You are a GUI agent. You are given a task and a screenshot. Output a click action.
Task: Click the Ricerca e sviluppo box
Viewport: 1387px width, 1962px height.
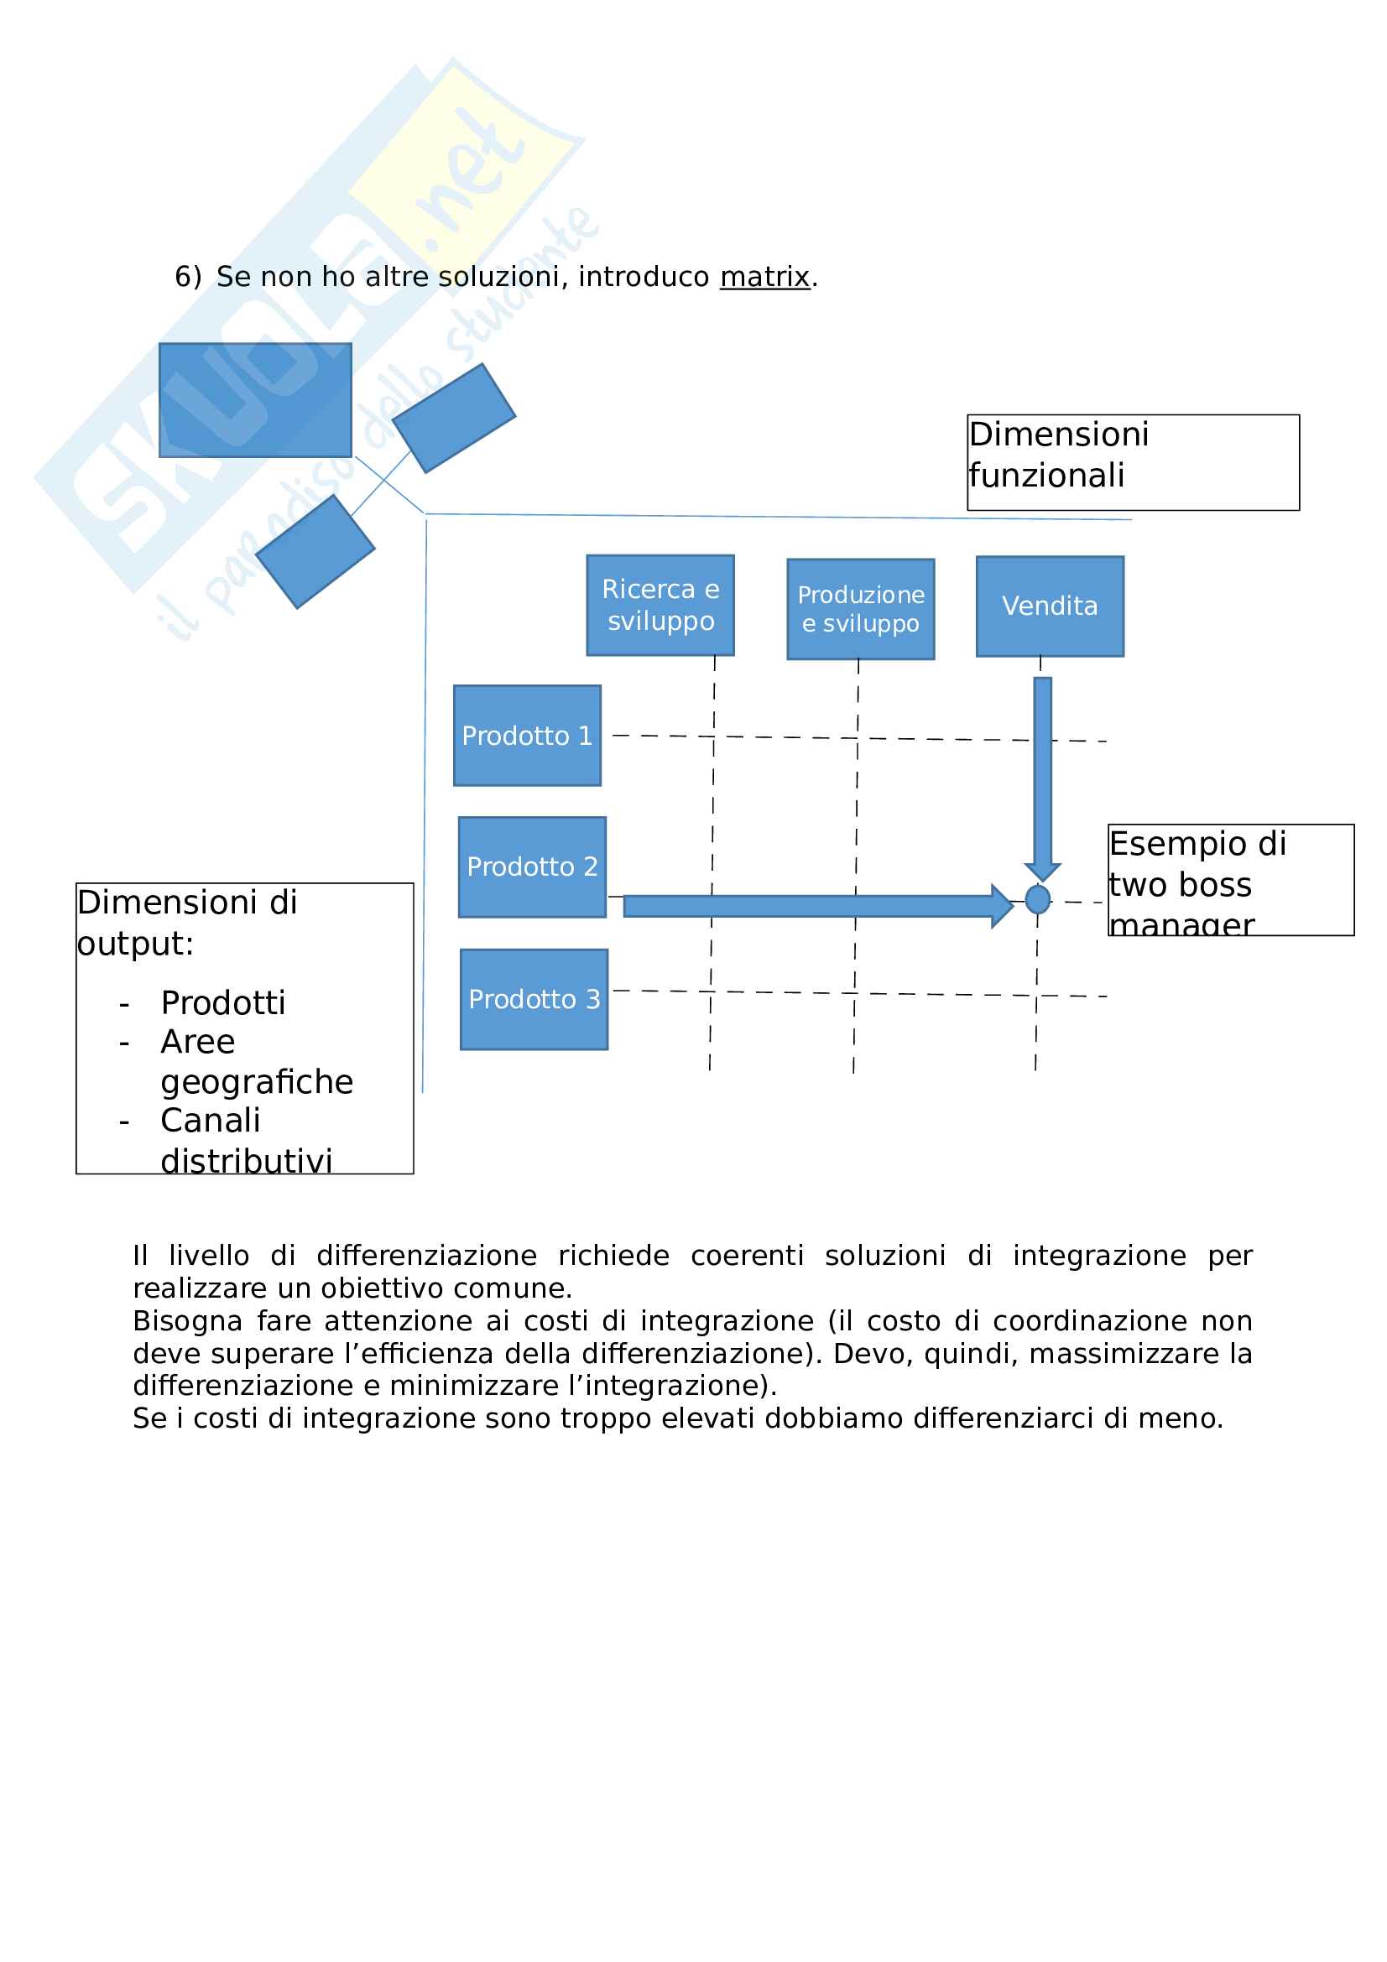point(660,605)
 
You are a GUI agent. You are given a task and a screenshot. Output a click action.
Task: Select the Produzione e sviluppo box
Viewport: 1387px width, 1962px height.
point(860,608)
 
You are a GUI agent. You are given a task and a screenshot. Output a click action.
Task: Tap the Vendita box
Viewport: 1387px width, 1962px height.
point(1050,606)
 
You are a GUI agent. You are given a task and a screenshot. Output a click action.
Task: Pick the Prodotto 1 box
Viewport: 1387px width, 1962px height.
point(526,735)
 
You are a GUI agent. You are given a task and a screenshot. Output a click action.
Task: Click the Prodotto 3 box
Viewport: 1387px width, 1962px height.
point(534,999)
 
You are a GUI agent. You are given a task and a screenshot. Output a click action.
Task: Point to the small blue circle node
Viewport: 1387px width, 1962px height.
point(1036,899)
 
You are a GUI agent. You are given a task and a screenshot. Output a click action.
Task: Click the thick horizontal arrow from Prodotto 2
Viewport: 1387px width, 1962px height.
point(812,906)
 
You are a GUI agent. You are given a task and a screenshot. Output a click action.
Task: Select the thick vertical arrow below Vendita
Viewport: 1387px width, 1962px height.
point(1042,773)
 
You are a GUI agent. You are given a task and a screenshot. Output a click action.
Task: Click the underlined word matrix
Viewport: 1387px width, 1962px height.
point(764,277)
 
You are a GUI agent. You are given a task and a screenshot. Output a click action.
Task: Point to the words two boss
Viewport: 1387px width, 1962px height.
point(1180,885)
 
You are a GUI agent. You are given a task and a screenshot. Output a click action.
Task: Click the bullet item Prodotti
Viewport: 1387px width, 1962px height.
point(223,1003)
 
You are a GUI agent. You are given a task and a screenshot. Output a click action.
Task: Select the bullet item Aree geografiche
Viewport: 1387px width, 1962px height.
point(256,1062)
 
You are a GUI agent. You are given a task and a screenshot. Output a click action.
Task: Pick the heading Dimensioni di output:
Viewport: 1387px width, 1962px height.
point(186,923)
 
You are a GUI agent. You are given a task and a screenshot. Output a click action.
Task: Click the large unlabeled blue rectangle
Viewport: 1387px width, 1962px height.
point(255,400)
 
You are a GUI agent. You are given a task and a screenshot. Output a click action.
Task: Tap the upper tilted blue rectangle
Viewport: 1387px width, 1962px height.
point(453,418)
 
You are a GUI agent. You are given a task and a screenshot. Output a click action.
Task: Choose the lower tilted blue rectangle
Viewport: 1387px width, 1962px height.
point(315,551)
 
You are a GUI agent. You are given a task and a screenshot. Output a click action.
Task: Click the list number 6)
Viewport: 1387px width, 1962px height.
point(187,277)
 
